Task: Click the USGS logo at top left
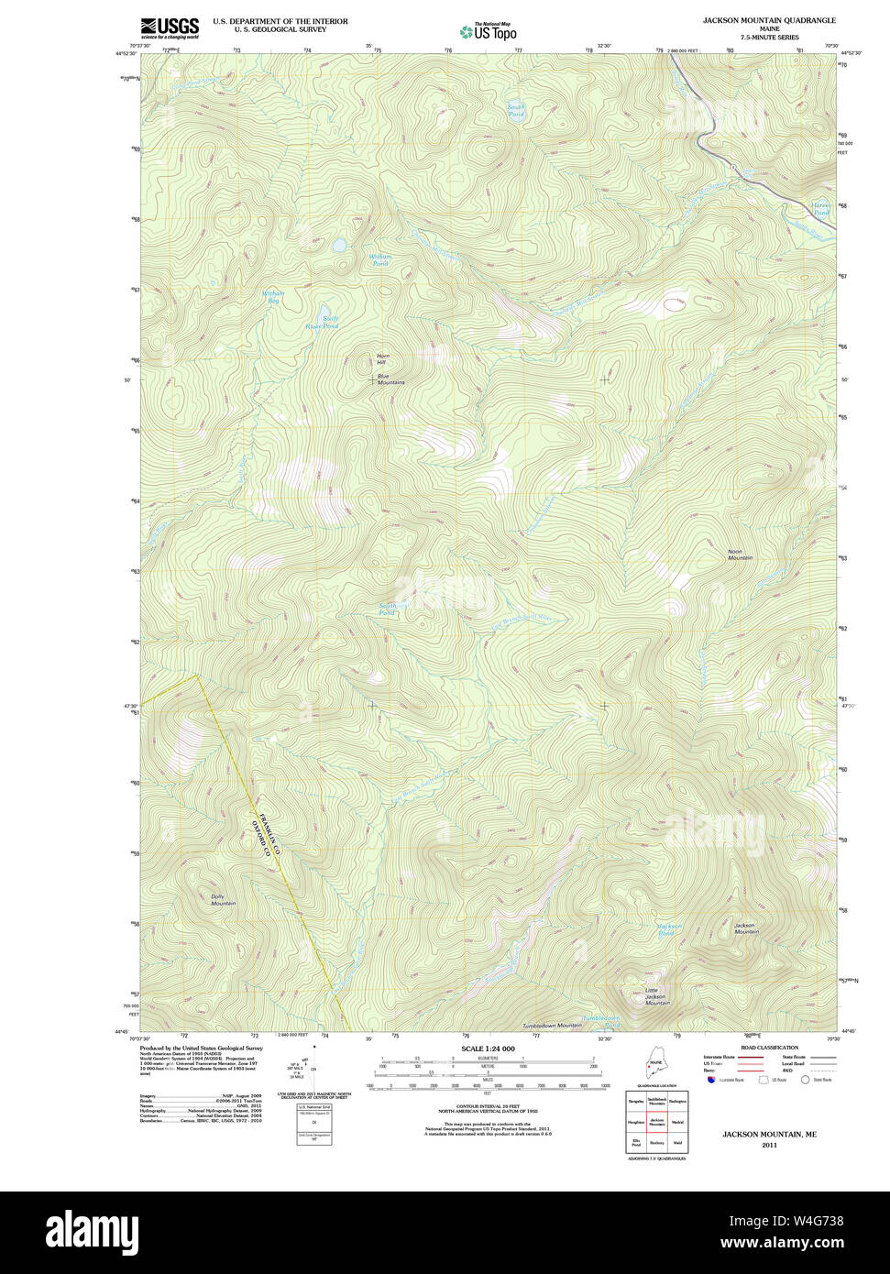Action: (170, 27)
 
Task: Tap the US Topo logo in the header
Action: (489, 31)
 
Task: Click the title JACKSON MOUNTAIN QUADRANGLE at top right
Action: (769, 20)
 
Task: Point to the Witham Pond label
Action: (380, 260)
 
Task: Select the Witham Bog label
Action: (273, 297)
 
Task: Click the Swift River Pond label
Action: (322, 323)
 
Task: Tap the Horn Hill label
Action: (382, 359)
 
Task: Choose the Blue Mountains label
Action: (390, 379)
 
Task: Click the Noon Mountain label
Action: (740, 555)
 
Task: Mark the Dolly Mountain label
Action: (223, 900)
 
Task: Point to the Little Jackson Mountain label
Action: (656, 996)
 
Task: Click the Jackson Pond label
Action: (669, 929)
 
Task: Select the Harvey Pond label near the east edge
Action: (820, 209)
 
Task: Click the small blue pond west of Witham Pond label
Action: (339, 246)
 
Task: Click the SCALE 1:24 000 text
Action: (488, 1049)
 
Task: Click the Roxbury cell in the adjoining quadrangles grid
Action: (656, 1143)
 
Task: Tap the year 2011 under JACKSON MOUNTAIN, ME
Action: (769, 1145)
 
